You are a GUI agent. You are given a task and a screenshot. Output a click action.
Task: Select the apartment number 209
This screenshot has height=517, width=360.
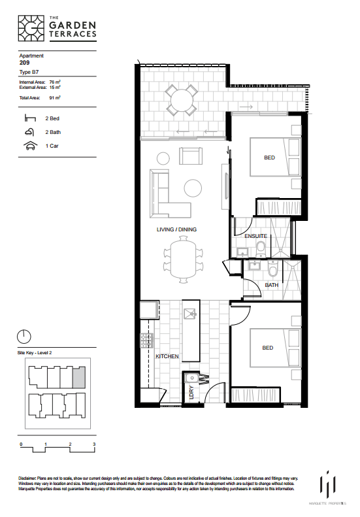25,63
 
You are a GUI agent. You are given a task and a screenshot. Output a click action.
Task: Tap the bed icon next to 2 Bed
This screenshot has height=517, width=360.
29,119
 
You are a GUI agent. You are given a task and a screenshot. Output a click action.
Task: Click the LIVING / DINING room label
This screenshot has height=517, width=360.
176,229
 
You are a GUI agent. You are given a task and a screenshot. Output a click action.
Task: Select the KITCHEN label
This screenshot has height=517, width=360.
167,356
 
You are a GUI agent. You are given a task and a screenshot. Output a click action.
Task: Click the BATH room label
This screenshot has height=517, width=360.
272,285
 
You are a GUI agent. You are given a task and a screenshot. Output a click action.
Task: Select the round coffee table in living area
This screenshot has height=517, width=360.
193,188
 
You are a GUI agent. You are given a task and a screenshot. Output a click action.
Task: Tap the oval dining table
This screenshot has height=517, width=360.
181,259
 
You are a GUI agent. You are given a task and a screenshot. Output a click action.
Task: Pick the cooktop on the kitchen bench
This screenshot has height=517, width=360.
146,339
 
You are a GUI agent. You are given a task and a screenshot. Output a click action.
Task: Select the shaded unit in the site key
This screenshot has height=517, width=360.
78,378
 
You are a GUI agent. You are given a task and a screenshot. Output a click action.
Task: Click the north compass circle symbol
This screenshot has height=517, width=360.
24,337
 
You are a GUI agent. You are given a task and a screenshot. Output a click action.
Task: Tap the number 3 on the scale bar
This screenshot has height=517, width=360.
95,444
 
